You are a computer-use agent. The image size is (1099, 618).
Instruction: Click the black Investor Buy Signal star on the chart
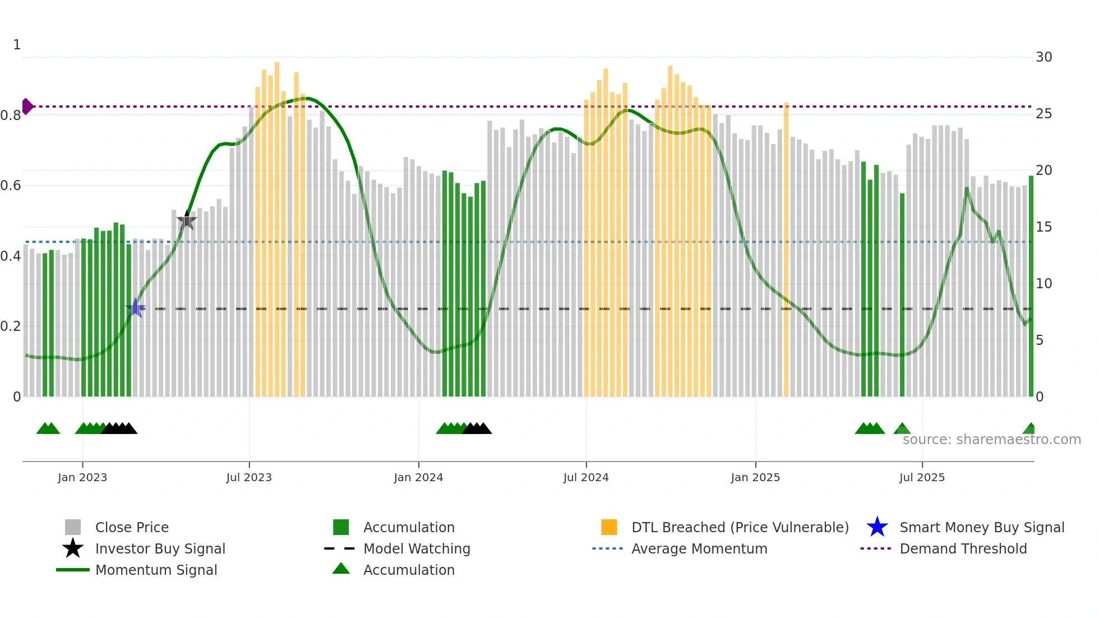[x=187, y=220]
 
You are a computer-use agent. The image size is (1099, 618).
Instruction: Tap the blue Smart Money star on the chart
[x=135, y=308]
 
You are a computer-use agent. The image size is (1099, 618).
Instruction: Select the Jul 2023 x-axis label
[x=249, y=477]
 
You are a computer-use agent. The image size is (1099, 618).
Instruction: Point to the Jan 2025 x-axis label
[x=755, y=477]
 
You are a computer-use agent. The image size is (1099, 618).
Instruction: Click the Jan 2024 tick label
[x=418, y=477]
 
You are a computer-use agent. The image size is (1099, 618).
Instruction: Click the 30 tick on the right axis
[x=1043, y=57]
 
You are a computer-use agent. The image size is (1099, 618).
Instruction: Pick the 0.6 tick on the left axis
[x=11, y=186]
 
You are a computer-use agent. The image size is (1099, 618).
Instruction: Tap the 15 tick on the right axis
[x=1043, y=227]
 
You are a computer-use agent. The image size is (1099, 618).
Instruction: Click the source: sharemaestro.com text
[x=991, y=440]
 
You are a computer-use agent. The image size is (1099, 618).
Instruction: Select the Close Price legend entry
[x=132, y=527]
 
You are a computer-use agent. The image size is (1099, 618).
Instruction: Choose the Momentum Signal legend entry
[x=156, y=570]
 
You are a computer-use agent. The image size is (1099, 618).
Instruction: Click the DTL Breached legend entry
[x=740, y=527]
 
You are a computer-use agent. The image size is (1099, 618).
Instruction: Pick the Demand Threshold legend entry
[x=963, y=548]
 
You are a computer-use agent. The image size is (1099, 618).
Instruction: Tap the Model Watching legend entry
[x=417, y=548]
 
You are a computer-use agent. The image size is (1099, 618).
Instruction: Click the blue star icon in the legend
[x=877, y=527]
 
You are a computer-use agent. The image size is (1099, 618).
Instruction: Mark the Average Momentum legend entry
[x=699, y=548]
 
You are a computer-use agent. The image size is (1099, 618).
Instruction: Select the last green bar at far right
[x=1031, y=286]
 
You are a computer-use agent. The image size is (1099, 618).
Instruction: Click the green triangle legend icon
[x=341, y=569]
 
